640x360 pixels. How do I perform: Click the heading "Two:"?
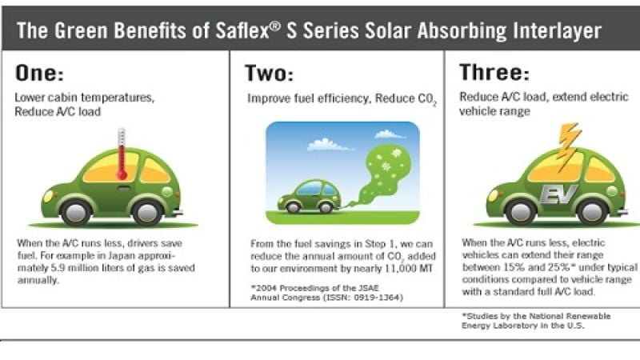270,74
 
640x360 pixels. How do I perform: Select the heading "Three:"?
494,74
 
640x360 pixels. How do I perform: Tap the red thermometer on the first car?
122,154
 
